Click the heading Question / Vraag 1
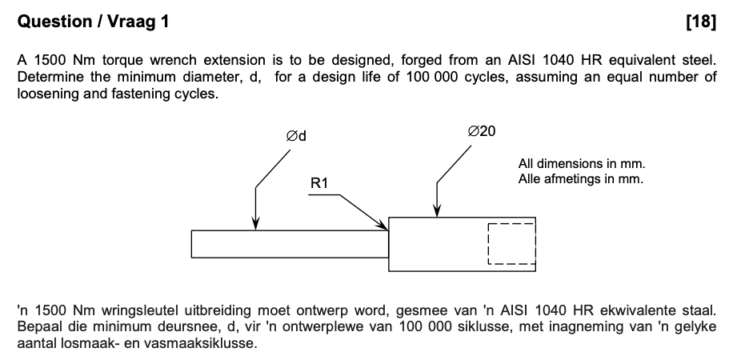(93, 22)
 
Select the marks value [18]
(701, 22)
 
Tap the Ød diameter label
(297, 136)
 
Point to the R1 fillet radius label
(319, 185)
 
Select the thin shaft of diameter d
(288, 244)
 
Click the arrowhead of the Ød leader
(255, 226)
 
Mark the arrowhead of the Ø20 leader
(436, 212)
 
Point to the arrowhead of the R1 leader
(384, 227)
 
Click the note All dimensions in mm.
(581, 164)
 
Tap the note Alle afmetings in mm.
(580, 178)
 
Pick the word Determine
(48, 77)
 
